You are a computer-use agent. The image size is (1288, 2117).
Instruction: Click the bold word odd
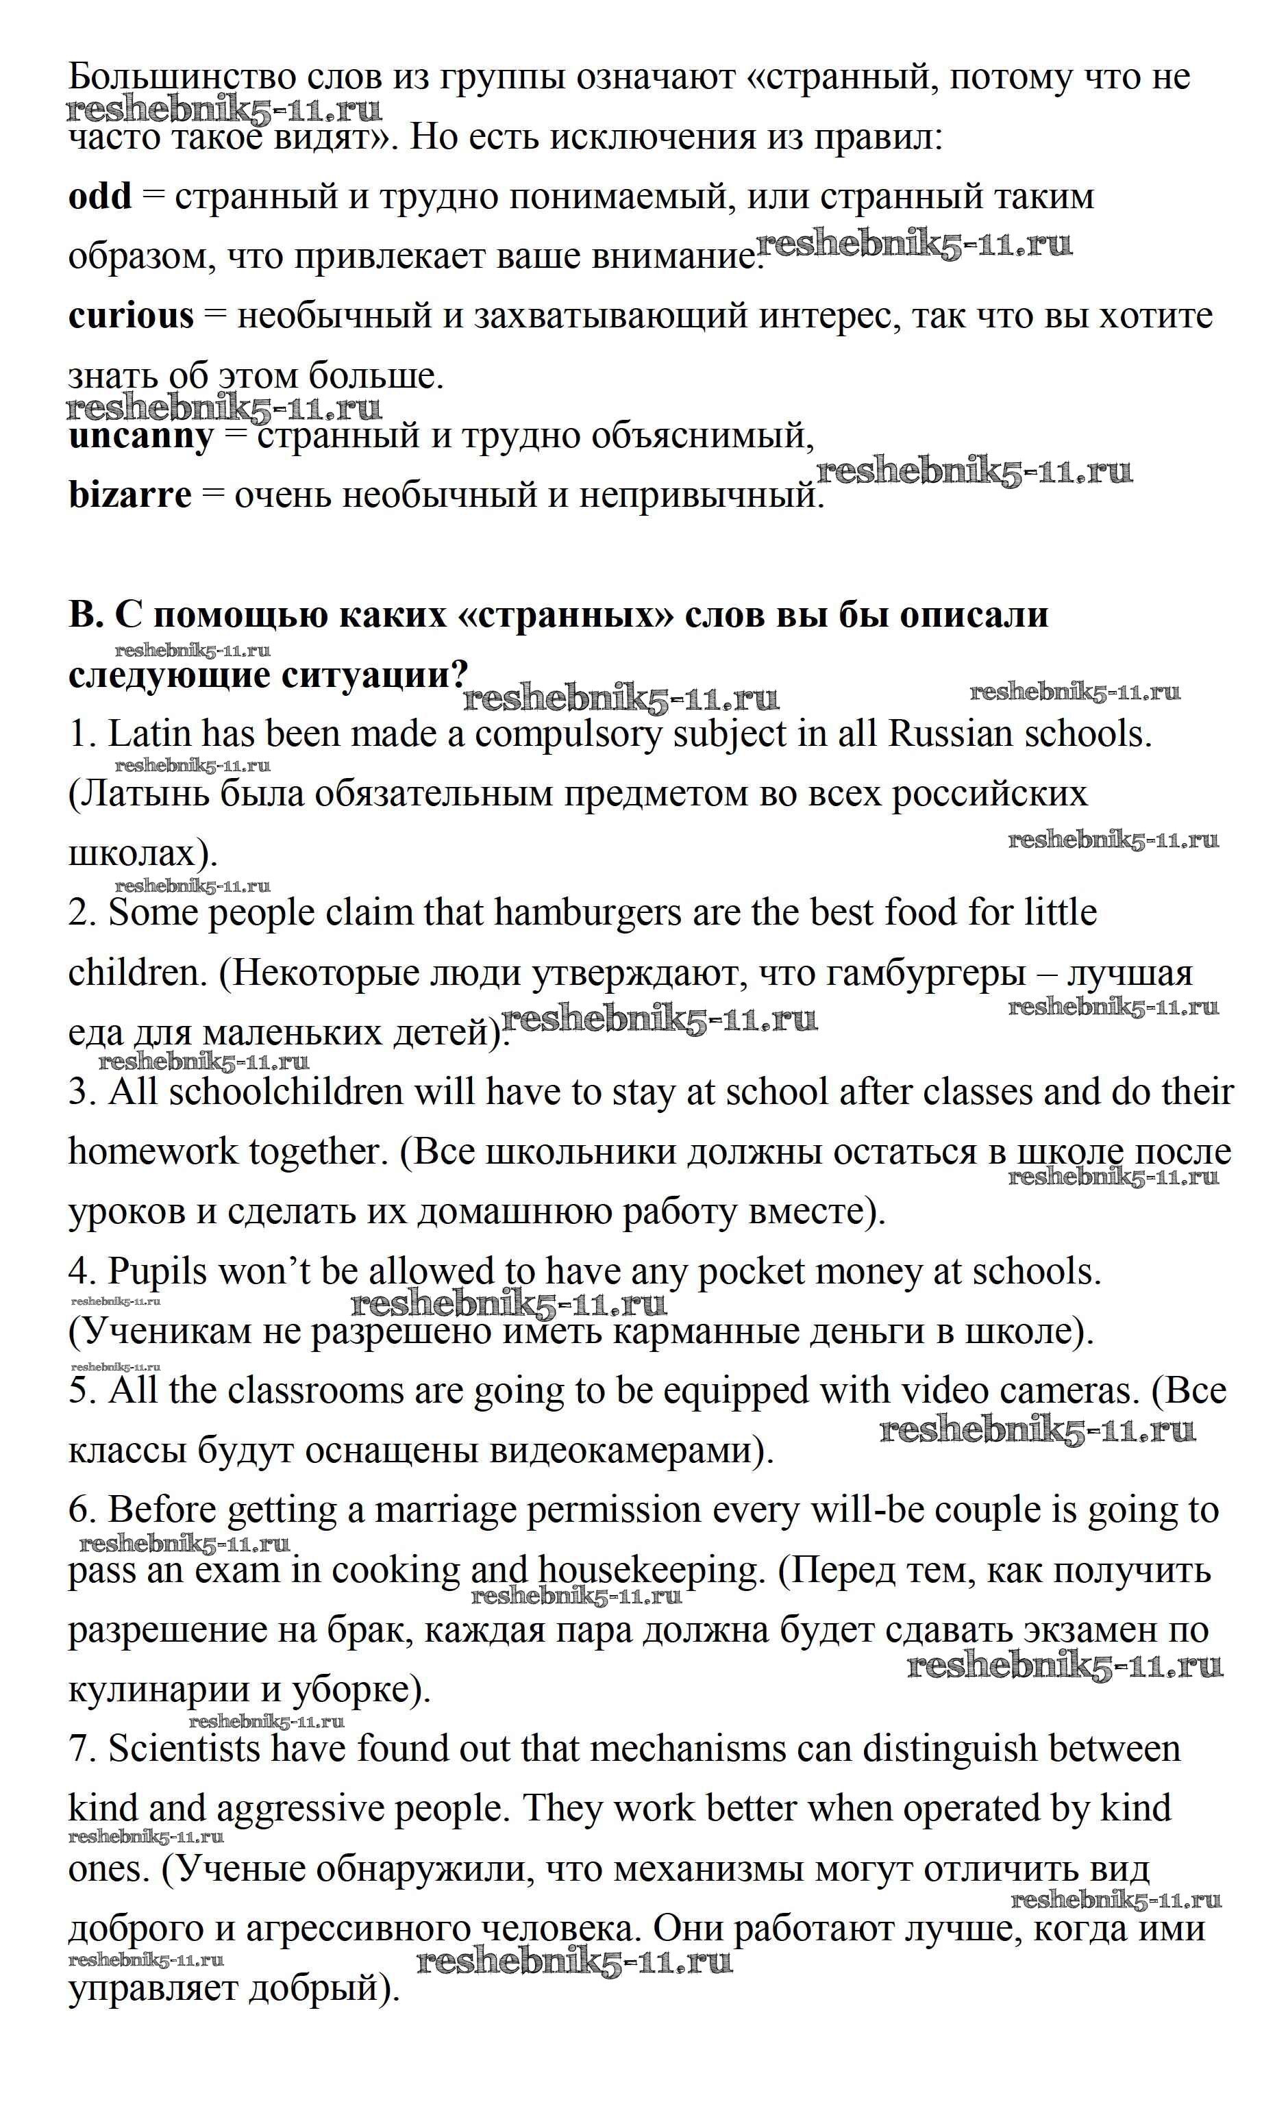(99, 197)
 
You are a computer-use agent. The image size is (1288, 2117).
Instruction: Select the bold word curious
(131, 316)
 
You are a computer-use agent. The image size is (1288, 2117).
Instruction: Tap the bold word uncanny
(140, 436)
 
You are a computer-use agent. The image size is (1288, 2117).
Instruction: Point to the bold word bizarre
(129, 496)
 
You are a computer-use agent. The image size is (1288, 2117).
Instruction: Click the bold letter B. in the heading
(85, 615)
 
